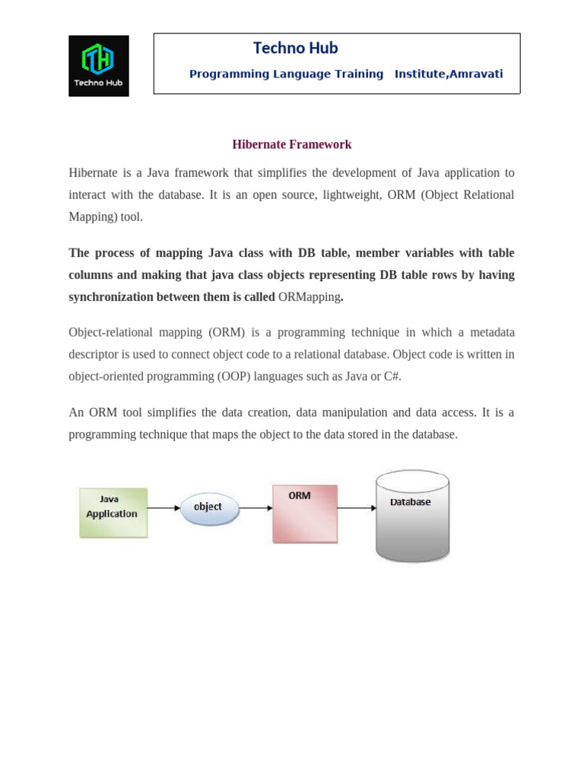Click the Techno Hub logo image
(x=99, y=65)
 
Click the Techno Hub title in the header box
(x=295, y=49)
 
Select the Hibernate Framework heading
(x=291, y=144)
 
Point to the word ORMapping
(x=309, y=297)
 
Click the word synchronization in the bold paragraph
(x=111, y=297)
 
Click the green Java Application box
(x=113, y=513)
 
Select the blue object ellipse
(x=209, y=508)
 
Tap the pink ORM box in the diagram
(x=304, y=514)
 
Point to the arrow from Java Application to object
(x=163, y=508)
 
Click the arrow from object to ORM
(x=256, y=508)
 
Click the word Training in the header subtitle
(x=360, y=74)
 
